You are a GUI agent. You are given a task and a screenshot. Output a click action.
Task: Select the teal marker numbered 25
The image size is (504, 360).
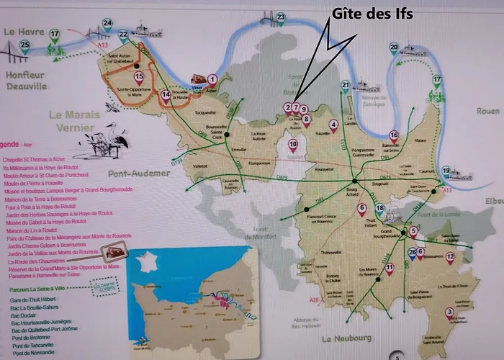point(24,47)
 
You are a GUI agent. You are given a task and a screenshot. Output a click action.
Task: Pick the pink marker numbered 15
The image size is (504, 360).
point(139,76)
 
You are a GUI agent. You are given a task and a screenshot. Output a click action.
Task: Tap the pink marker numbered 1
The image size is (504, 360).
point(212,79)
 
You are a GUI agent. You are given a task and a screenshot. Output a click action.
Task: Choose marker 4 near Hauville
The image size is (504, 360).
point(333,125)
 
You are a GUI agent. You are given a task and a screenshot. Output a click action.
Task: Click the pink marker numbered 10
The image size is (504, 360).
point(292,144)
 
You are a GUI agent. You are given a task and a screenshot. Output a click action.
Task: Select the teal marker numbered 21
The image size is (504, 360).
point(346,86)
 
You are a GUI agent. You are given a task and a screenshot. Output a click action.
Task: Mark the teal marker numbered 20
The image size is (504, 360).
point(394,48)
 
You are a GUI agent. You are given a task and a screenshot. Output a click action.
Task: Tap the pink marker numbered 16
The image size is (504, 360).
point(394,135)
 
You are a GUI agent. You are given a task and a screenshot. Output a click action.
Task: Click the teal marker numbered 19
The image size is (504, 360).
point(446,171)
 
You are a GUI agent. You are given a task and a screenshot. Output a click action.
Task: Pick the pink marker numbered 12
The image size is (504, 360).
point(450,256)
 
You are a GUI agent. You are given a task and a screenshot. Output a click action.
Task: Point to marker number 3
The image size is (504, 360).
point(449,312)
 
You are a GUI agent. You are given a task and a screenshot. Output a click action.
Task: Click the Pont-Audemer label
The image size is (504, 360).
point(139,174)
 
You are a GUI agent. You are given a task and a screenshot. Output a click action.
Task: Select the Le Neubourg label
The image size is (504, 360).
point(345,338)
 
